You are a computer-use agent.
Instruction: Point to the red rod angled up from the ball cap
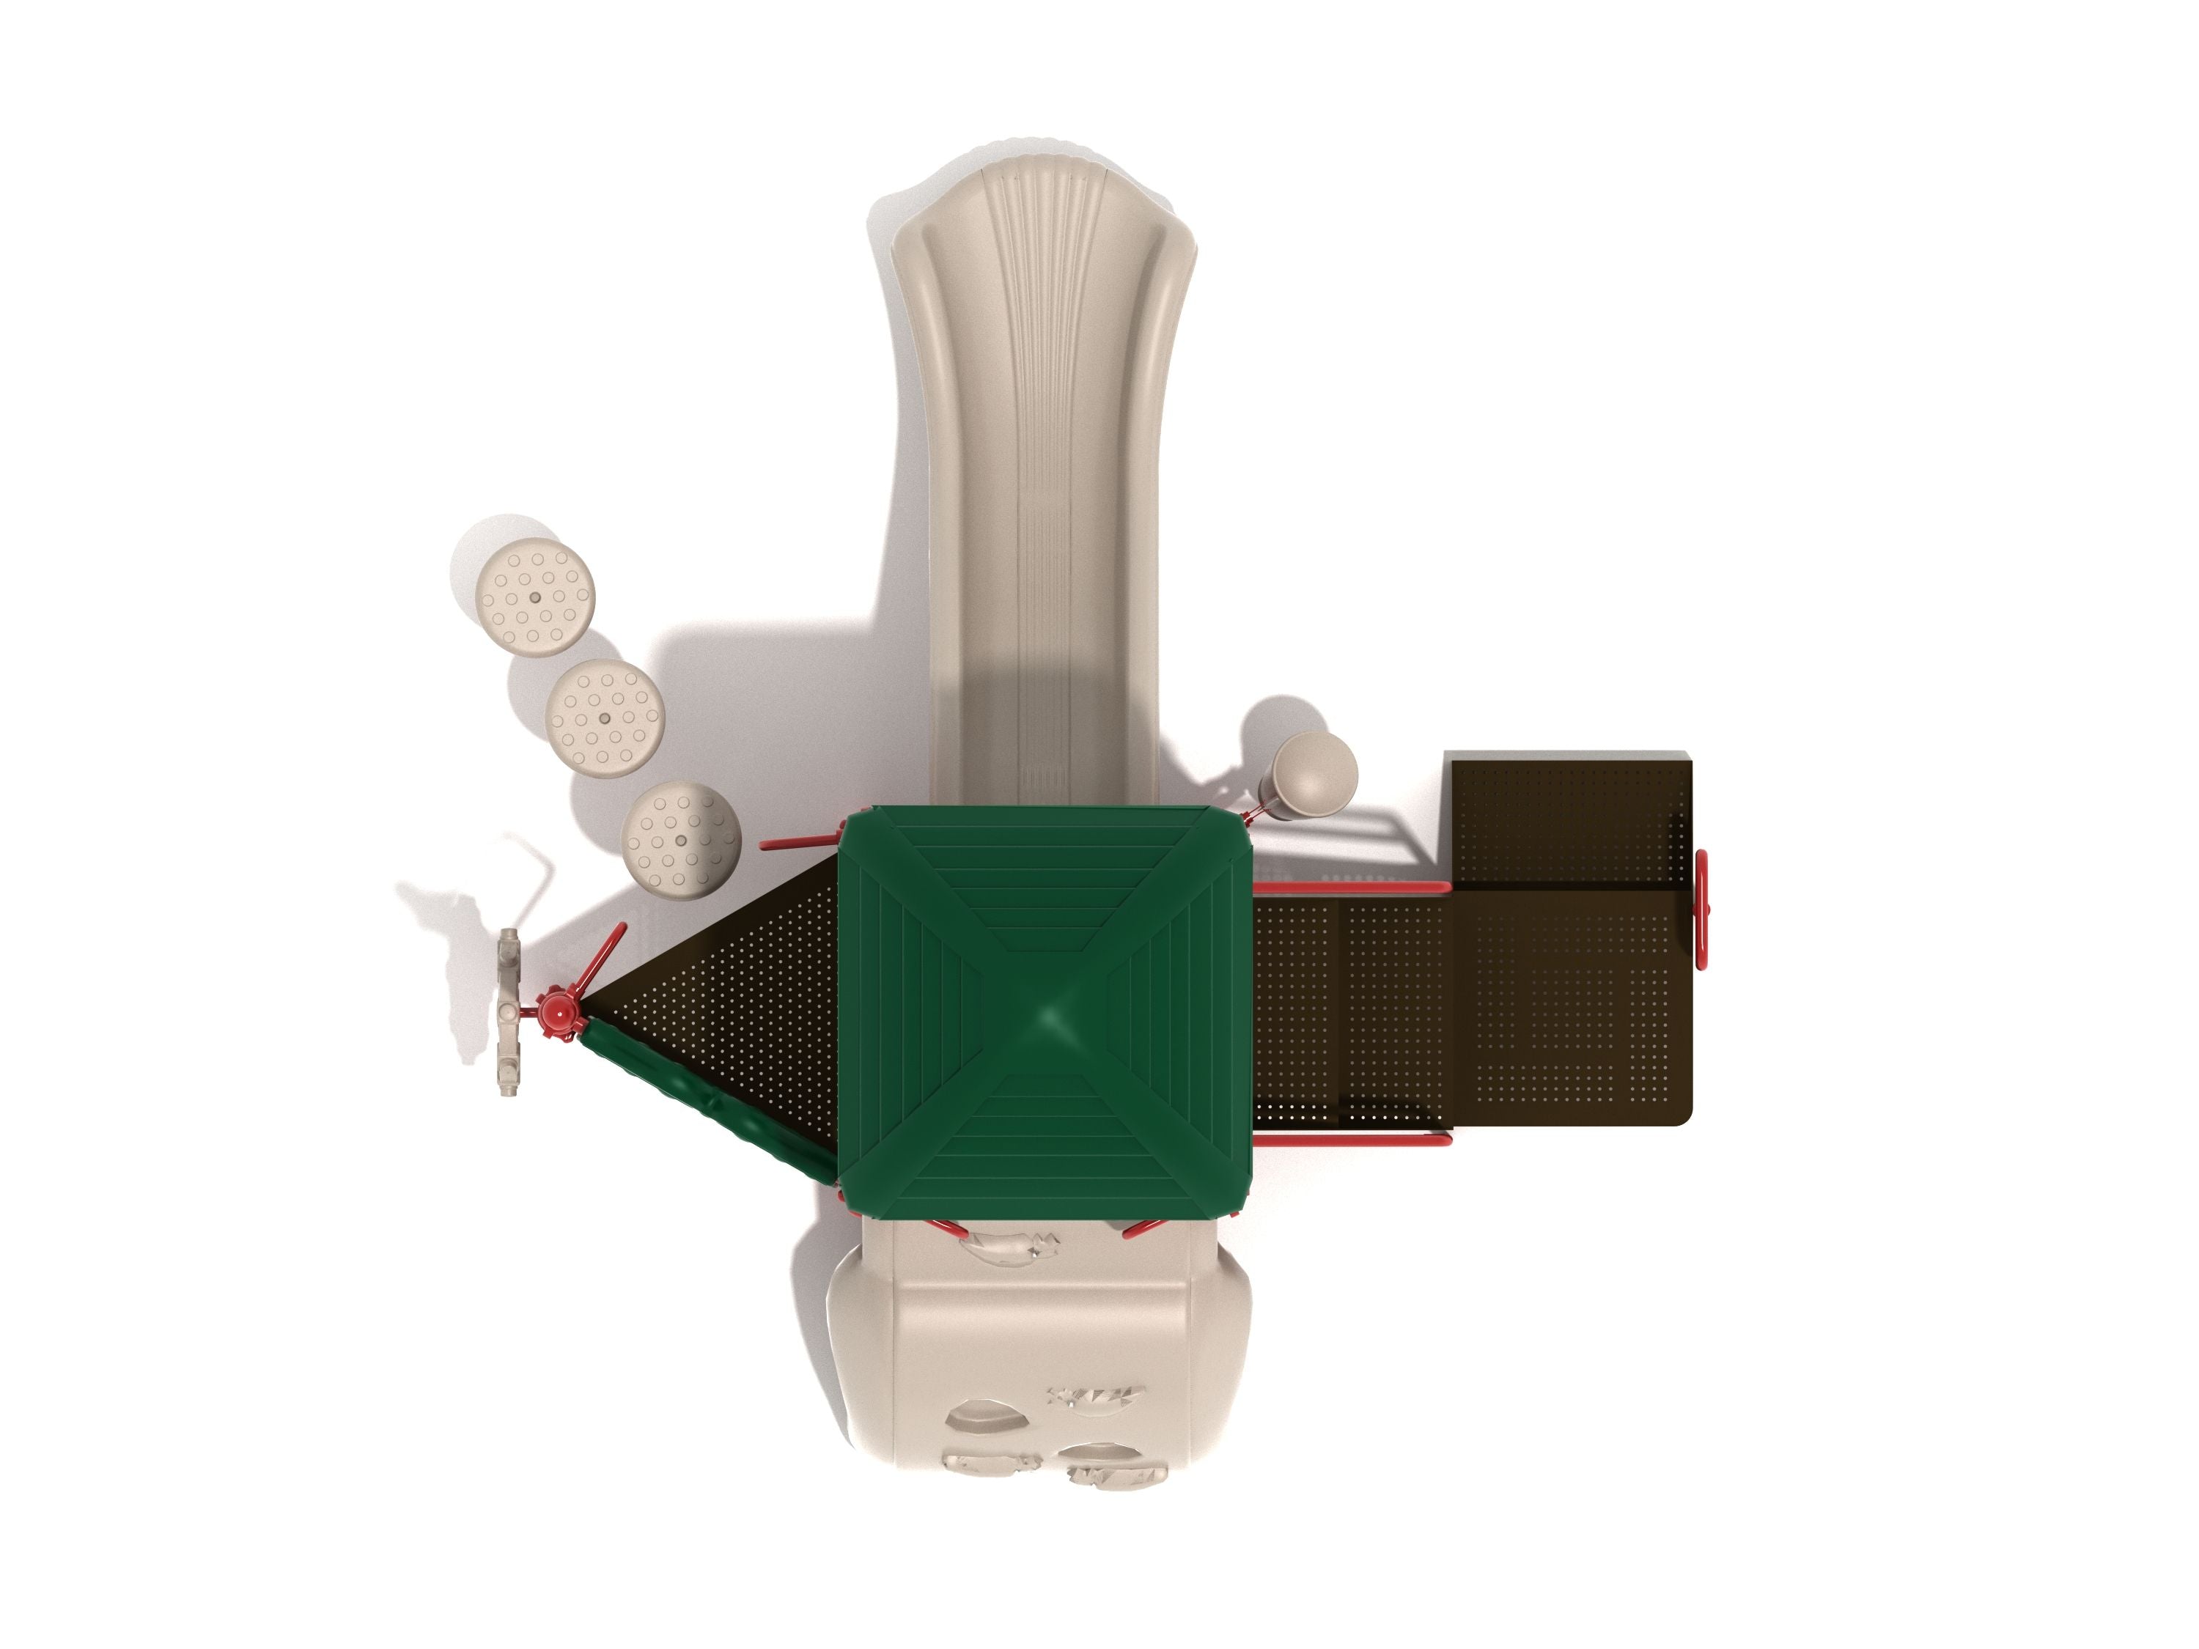pyautogui.click(x=602, y=959)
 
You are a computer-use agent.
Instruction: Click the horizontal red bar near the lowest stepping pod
pyautogui.click(x=798, y=844)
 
